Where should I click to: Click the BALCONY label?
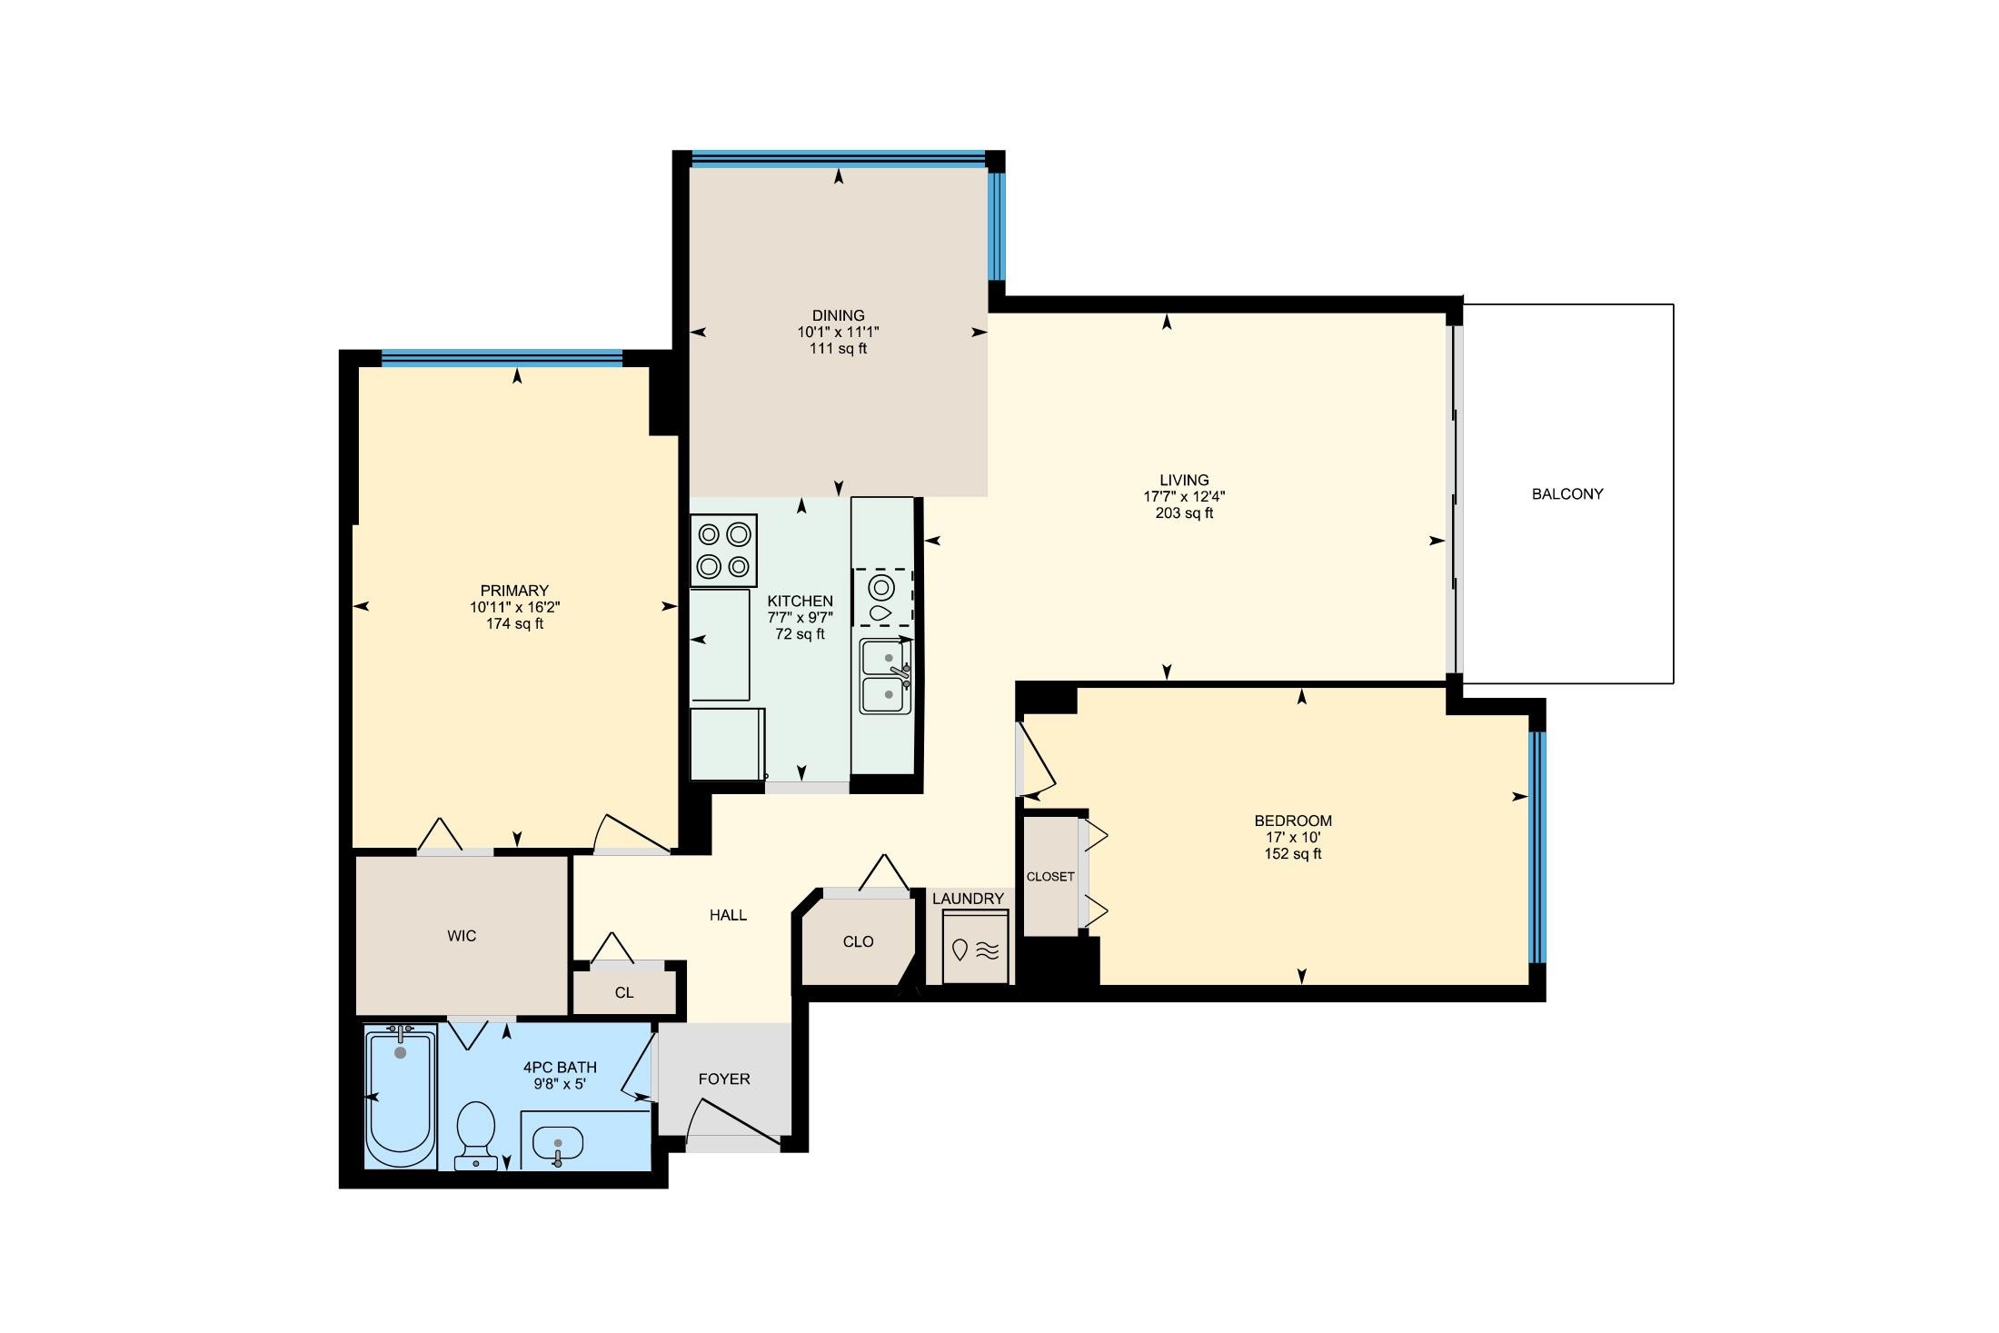pos(1567,494)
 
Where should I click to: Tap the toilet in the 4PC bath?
pos(474,1135)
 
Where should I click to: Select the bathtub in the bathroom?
pos(400,1096)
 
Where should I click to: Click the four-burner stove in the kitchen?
pos(723,551)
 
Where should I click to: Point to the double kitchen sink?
pos(886,676)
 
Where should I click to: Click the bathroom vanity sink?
pos(557,1145)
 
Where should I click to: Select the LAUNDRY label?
pos(968,899)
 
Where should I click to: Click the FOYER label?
pos(724,1079)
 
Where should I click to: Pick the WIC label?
pos(462,936)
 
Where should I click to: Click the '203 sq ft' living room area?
pos(1184,513)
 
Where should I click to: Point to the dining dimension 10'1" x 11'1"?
pos(838,333)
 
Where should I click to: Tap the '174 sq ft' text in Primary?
pos(514,624)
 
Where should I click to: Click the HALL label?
pos(728,915)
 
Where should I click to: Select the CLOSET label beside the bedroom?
pos(1050,877)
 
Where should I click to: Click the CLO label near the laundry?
pos(858,942)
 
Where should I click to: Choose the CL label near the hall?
pos(624,993)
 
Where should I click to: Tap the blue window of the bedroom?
pos(1537,847)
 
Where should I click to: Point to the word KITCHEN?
pos(800,602)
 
